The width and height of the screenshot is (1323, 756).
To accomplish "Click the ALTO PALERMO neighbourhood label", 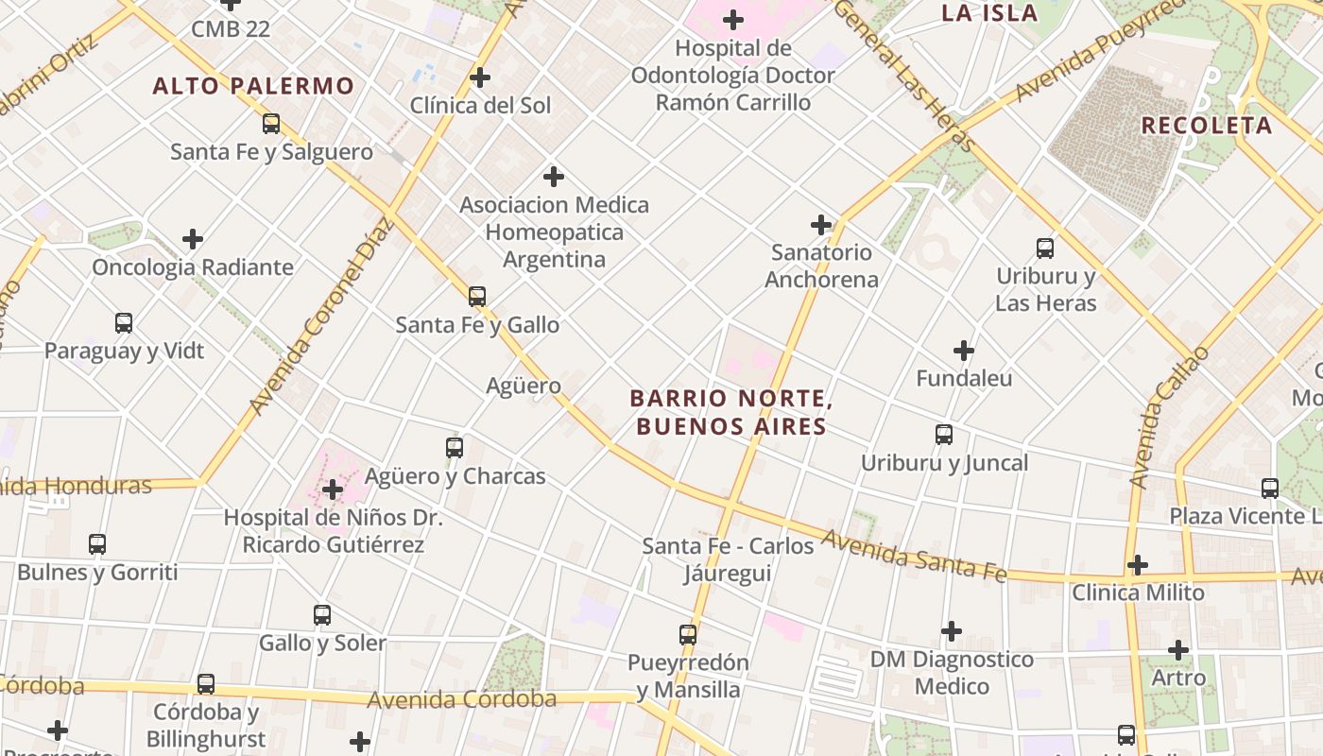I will point(253,86).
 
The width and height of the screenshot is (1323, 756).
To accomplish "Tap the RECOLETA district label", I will point(1207,126).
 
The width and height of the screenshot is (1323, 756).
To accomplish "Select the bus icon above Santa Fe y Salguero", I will point(271,123).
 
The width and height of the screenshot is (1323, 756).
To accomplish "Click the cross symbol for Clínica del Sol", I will point(480,77).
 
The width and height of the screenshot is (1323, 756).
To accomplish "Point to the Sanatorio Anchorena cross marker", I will point(821,225).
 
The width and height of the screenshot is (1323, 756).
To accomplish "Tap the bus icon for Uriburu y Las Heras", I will point(1045,249).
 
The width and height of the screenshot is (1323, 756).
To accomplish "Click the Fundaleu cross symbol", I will point(964,351).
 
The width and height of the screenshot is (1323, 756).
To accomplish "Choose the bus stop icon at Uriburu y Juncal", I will point(944,435).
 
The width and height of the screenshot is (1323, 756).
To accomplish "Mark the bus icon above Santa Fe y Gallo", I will point(477,297).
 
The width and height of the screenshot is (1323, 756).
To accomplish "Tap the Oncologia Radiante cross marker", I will point(193,239).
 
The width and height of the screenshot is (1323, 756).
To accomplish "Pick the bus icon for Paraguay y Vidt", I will point(124,323).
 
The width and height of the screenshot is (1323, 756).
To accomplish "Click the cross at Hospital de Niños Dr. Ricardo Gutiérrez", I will point(333,490).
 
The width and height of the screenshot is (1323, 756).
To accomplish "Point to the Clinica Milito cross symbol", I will point(1138,565).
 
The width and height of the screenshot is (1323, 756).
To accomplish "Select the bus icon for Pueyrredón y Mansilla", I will point(688,634).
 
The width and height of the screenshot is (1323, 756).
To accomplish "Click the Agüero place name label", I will point(524,386).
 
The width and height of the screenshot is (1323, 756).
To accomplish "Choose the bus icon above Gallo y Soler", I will point(322,615).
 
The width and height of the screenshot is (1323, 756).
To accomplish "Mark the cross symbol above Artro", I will point(1178,650).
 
